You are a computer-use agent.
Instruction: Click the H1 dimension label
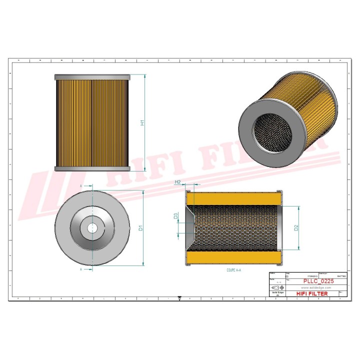pyautogui.click(x=142, y=123)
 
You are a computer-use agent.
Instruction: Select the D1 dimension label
pyautogui.click(x=141, y=228)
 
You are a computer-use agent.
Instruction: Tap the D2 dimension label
pyautogui.click(x=296, y=228)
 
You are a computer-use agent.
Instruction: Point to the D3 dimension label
pyautogui.click(x=175, y=216)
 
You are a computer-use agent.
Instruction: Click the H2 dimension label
pyautogui.click(x=177, y=183)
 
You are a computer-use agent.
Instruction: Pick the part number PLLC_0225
pyautogui.click(x=318, y=281)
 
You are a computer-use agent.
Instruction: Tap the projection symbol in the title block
pyautogui.click(x=276, y=288)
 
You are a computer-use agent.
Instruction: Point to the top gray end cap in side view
pyautogui.click(x=92, y=77)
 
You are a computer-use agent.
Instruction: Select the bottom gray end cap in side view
pyautogui.click(x=92, y=168)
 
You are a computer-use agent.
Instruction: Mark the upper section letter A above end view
pyautogui.click(x=81, y=185)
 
